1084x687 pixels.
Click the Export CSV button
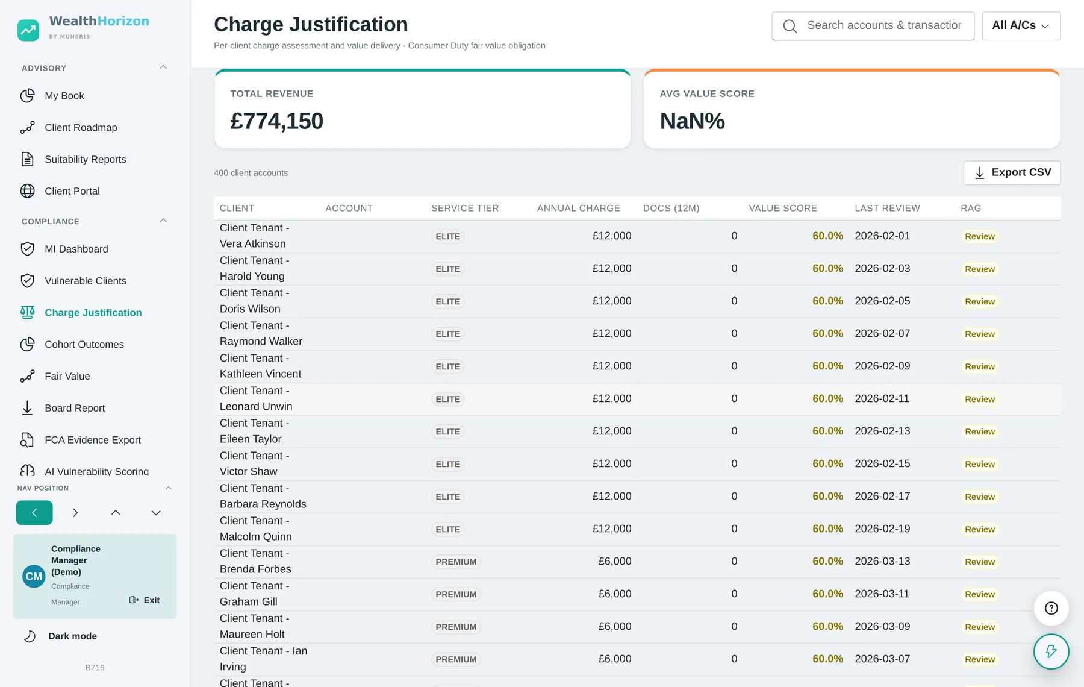tap(1012, 172)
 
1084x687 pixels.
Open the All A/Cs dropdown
tap(1021, 26)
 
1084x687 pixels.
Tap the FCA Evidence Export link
tap(93, 440)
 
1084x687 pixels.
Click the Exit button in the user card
tap(145, 600)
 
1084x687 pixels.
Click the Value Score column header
tap(783, 208)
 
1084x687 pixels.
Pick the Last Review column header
tap(887, 208)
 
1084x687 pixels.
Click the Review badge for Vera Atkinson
tap(980, 237)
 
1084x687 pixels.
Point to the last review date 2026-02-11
tap(882, 399)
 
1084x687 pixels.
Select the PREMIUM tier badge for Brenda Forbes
tap(456, 562)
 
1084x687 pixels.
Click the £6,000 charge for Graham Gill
tap(615, 594)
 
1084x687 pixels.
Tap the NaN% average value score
tap(692, 121)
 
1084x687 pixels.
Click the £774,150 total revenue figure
tap(276, 121)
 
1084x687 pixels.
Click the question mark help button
tap(1051, 608)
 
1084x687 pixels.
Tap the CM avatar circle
tap(34, 576)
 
